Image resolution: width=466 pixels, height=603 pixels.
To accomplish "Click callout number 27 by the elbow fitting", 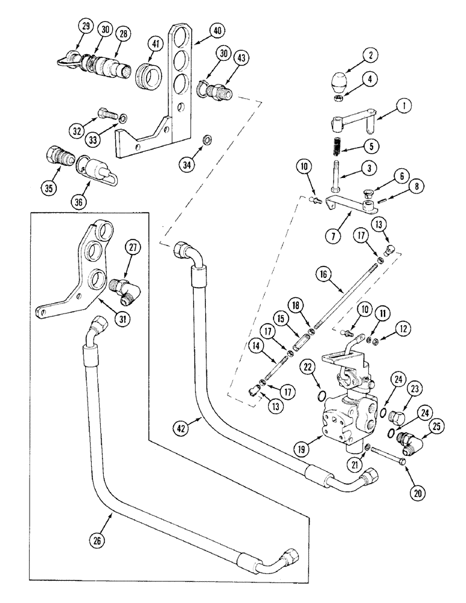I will [135, 247].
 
